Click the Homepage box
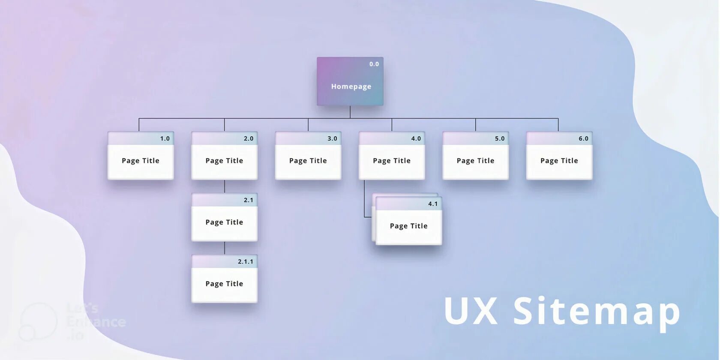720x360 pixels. [350, 81]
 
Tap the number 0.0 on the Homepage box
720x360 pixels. [374, 64]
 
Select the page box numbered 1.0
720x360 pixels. [141, 156]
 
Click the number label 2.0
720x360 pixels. [249, 138]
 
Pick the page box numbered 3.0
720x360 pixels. [308, 156]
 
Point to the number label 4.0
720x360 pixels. [416, 138]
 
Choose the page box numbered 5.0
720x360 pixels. [475, 156]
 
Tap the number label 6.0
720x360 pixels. [583, 138]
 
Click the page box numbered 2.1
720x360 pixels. [224, 217]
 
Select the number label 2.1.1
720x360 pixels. [246, 261]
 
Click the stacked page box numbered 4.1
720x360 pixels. [408, 221]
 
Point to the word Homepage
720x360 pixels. [351, 87]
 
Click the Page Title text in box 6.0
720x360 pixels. [559, 161]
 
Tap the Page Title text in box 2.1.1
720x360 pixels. [224, 284]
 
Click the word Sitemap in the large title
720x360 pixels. [597, 312]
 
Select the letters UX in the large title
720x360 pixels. [471, 311]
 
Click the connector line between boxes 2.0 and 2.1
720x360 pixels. [224, 186]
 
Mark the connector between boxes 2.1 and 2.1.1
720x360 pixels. [224, 248]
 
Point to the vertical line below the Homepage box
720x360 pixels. [350, 112]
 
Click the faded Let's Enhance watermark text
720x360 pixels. [96, 321]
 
